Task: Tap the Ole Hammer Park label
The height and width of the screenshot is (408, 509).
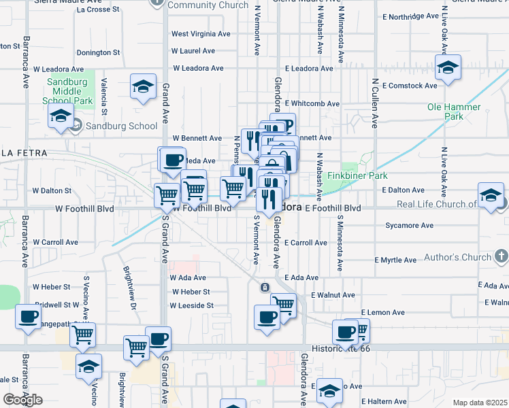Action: click(454, 112)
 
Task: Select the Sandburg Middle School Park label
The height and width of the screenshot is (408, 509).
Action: click(67, 91)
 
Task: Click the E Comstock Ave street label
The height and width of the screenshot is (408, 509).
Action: click(409, 86)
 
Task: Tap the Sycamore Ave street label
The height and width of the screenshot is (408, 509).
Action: click(409, 225)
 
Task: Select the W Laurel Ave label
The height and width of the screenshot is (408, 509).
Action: click(193, 51)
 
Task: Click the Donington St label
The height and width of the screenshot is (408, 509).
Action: click(98, 52)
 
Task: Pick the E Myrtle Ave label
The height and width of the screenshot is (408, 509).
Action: click(396, 260)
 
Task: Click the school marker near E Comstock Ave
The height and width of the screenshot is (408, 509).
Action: click(448, 68)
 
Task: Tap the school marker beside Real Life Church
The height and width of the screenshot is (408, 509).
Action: click(490, 195)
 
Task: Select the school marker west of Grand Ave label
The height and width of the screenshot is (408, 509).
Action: click(143, 86)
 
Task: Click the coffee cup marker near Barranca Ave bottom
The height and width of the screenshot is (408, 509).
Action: click(29, 317)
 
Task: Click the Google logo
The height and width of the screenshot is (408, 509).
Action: click(22, 400)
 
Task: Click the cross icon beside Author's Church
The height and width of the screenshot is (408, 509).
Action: click(502, 256)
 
